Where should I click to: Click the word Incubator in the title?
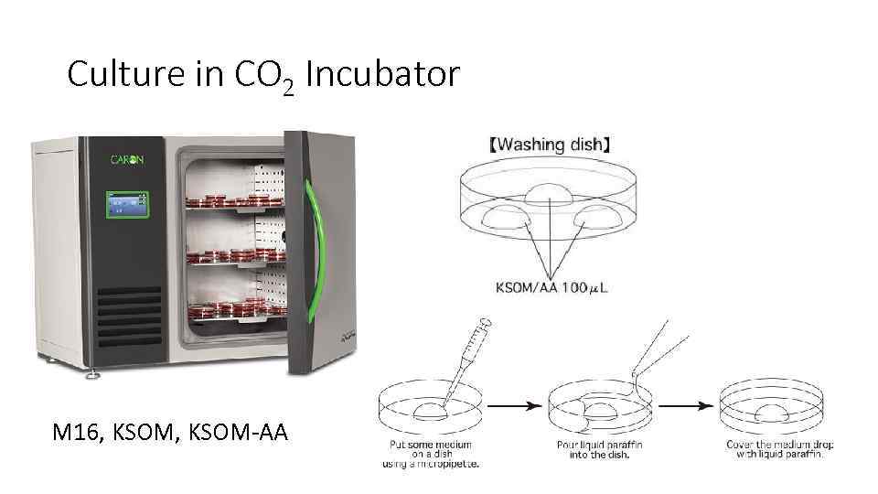tap(382, 74)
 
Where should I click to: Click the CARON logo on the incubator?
tap(126, 159)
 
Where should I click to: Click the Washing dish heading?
tap(550, 144)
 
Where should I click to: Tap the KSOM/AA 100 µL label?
tap(552, 289)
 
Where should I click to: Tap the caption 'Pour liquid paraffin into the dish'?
tap(599, 449)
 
